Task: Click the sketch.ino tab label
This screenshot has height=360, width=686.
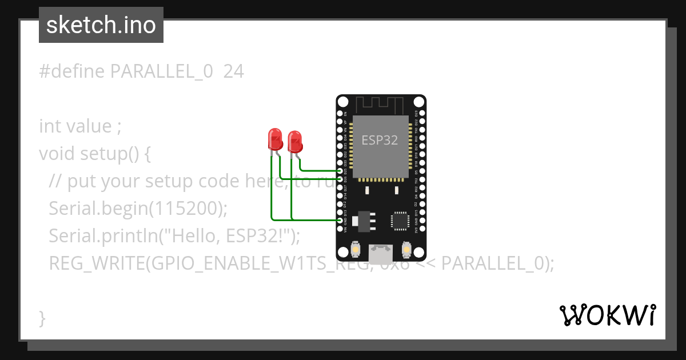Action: coord(101,25)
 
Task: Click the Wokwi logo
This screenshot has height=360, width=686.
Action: coord(607,315)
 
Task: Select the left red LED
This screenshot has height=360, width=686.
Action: coord(275,139)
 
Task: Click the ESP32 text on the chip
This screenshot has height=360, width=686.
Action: coord(380,140)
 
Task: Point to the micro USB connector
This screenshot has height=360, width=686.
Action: coord(381,251)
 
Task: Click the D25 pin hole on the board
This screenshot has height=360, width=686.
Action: coord(341,171)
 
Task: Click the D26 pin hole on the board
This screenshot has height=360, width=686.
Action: coord(341,179)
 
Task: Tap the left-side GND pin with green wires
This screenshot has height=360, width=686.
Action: coord(341,220)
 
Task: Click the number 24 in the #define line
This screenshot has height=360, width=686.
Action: coord(233,71)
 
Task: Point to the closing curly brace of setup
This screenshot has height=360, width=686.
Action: coord(42,318)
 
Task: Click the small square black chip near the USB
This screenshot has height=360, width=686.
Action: coord(400,221)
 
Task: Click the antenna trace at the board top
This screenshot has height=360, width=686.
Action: coord(380,105)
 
